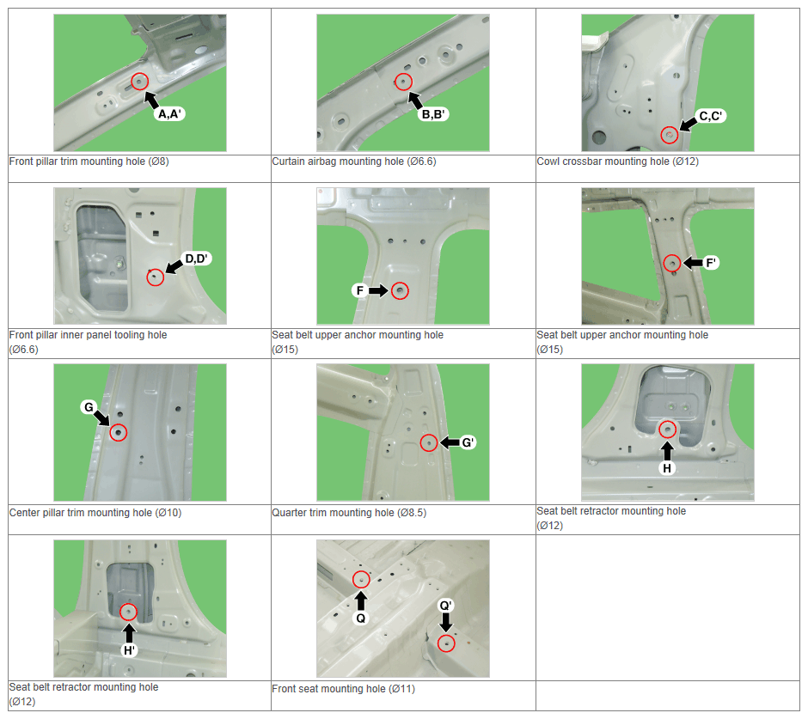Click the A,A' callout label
(169, 114)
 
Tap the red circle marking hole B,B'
(403, 82)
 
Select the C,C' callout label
(710, 116)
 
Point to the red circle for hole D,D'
(155, 277)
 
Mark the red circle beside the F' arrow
(672, 263)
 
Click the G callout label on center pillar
(89, 407)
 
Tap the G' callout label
(468, 442)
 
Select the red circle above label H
(667, 429)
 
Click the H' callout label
(129, 650)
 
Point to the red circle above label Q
(361, 580)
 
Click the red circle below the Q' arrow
(446, 643)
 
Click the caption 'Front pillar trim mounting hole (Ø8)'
(89, 161)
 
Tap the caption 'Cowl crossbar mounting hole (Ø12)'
(617, 161)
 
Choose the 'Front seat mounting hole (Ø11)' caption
(343, 689)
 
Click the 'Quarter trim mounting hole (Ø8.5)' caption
(349, 513)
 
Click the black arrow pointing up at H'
(129, 633)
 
